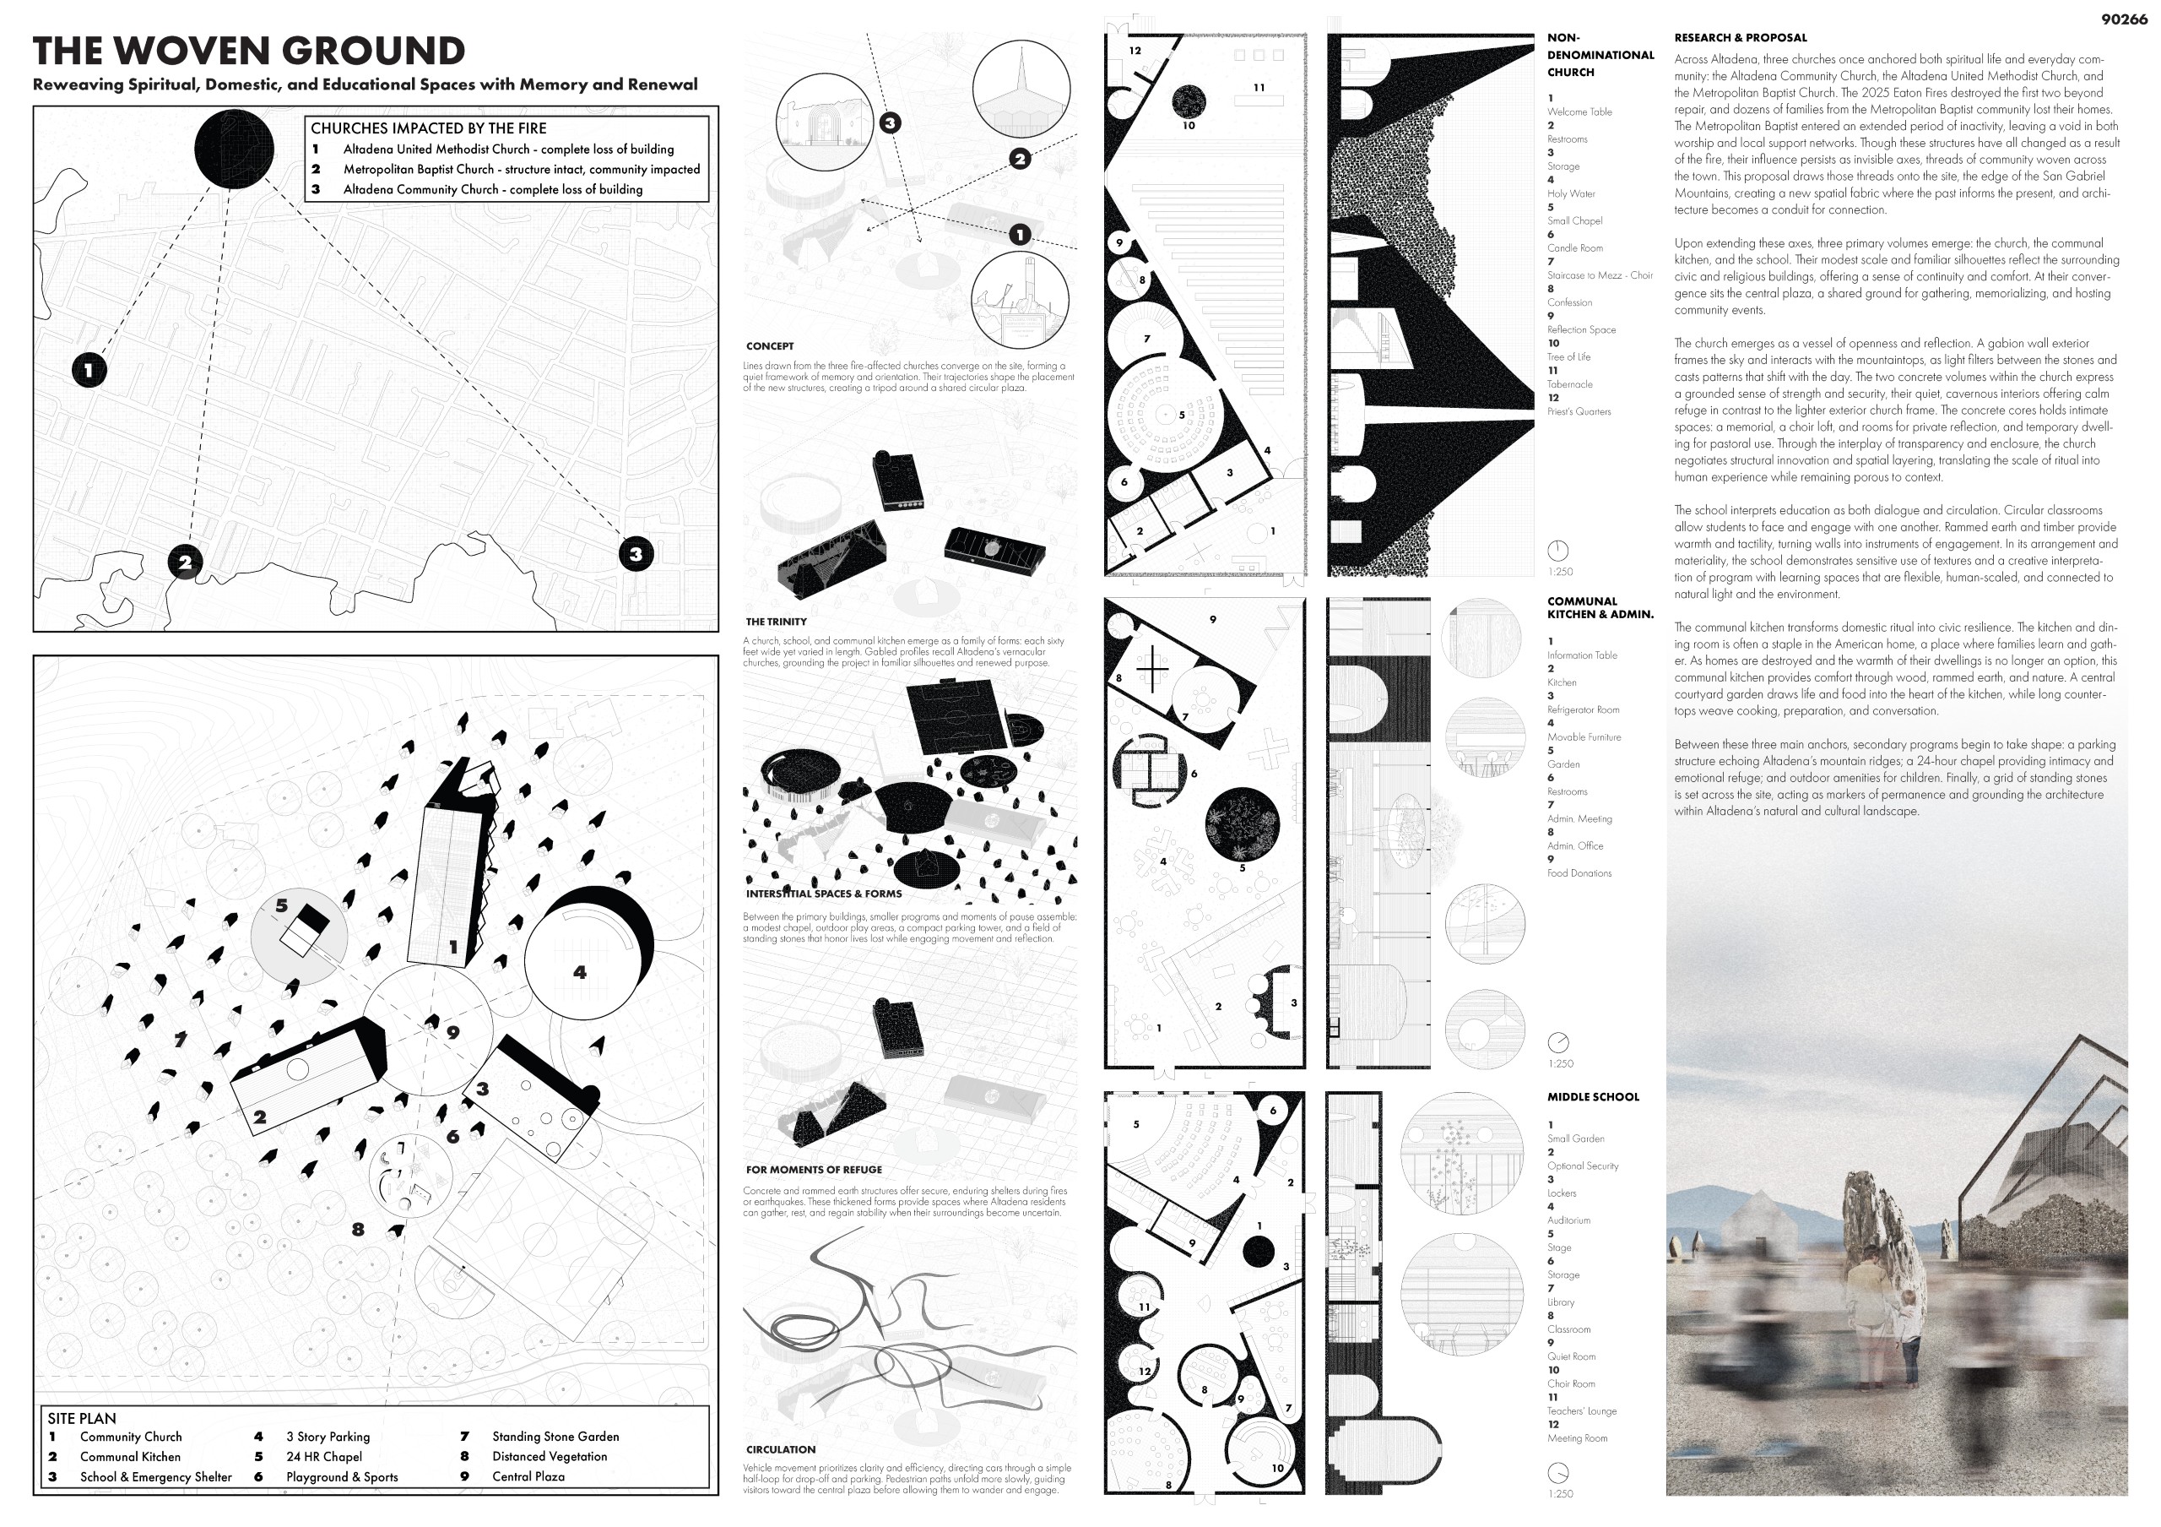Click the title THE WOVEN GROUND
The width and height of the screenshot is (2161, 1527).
(248, 51)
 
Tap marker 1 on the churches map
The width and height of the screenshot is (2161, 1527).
(89, 370)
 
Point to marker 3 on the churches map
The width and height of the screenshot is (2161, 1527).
(636, 553)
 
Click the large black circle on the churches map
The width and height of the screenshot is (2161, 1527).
(235, 149)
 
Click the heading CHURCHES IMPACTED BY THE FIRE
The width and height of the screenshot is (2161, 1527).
(428, 128)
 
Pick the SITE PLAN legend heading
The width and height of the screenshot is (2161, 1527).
(82, 1418)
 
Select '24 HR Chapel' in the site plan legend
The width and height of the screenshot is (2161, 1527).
(324, 1456)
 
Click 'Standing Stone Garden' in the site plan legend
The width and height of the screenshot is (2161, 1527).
(555, 1437)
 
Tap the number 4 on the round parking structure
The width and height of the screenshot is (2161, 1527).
(580, 971)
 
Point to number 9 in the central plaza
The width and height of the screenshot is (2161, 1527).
(452, 1033)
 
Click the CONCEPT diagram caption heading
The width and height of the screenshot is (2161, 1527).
(770, 346)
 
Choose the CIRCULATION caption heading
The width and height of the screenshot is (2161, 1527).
(780, 1450)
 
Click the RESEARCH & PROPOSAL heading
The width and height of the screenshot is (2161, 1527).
(1741, 39)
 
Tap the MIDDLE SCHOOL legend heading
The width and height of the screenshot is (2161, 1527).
(1593, 1097)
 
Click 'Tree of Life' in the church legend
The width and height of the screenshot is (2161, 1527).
(1568, 356)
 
